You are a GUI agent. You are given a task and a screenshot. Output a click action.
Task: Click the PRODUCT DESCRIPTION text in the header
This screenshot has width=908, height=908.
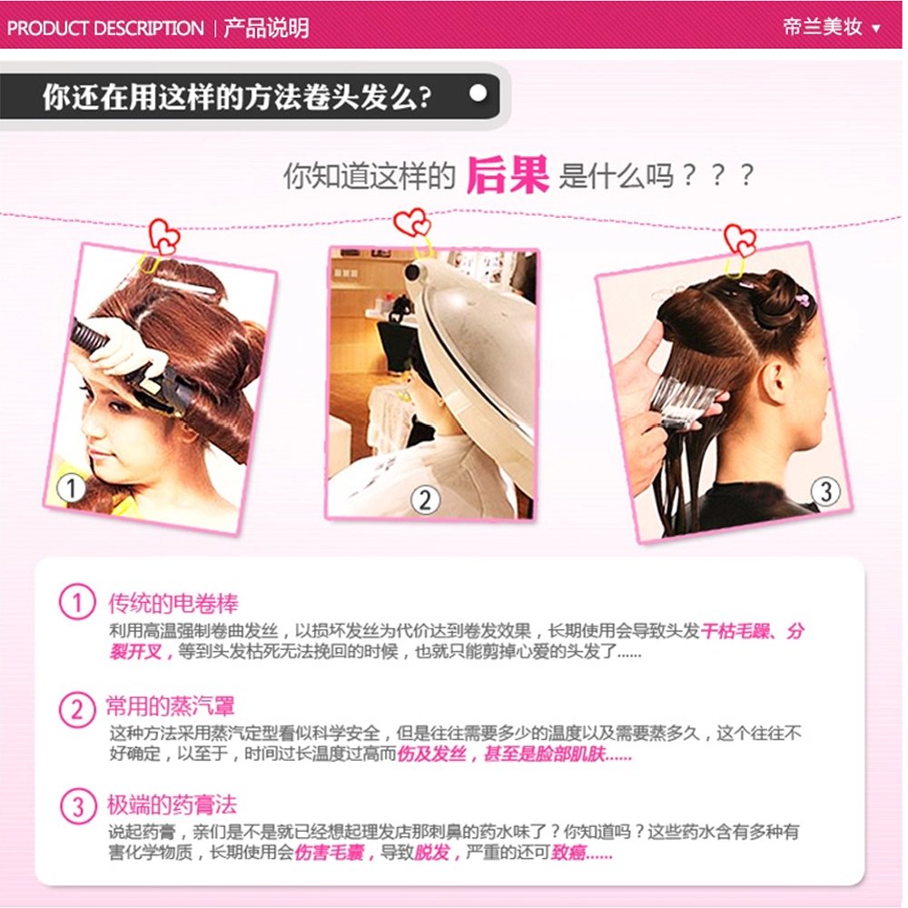click(105, 28)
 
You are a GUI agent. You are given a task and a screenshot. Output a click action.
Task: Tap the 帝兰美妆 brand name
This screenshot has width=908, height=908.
click(823, 26)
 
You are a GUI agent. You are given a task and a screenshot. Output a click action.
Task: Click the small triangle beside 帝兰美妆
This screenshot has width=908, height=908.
click(876, 28)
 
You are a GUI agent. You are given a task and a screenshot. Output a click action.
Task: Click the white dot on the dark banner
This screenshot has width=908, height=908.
click(479, 94)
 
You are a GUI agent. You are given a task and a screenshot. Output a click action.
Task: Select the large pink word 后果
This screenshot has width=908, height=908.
click(508, 174)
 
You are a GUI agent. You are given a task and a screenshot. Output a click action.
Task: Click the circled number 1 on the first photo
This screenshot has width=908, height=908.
click(71, 489)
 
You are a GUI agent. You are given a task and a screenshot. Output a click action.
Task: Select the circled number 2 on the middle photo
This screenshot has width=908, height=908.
click(425, 499)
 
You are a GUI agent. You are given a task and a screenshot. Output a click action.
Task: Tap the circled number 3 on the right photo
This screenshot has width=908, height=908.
click(825, 491)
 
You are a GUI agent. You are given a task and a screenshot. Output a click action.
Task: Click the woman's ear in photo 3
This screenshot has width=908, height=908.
click(775, 380)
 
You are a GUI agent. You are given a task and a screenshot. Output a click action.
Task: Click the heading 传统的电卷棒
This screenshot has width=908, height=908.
click(173, 604)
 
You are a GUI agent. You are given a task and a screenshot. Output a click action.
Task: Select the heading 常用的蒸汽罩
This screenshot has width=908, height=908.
click(171, 706)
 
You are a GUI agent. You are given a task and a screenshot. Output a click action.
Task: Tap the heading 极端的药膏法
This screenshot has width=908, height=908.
click(172, 804)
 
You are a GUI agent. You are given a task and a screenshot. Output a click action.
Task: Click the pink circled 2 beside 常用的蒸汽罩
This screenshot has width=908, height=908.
click(77, 709)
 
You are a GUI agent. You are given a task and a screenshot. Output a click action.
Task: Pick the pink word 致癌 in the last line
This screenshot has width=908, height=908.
click(567, 853)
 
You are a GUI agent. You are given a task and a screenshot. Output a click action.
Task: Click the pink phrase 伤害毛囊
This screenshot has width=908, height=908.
click(329, 853)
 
